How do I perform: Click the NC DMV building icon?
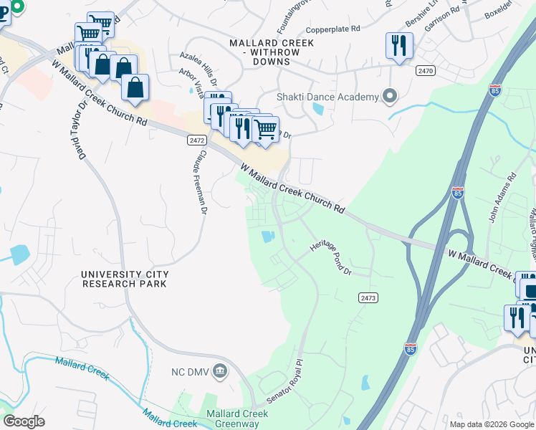220,371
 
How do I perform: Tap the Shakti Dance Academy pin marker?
391,95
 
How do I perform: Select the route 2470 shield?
426,70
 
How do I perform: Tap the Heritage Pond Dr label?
331,259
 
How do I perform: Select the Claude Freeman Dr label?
201,182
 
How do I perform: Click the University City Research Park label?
125,279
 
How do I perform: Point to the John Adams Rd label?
502,197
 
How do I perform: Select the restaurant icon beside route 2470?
398,46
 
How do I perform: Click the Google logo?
24,421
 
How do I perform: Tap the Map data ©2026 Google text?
491,424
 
